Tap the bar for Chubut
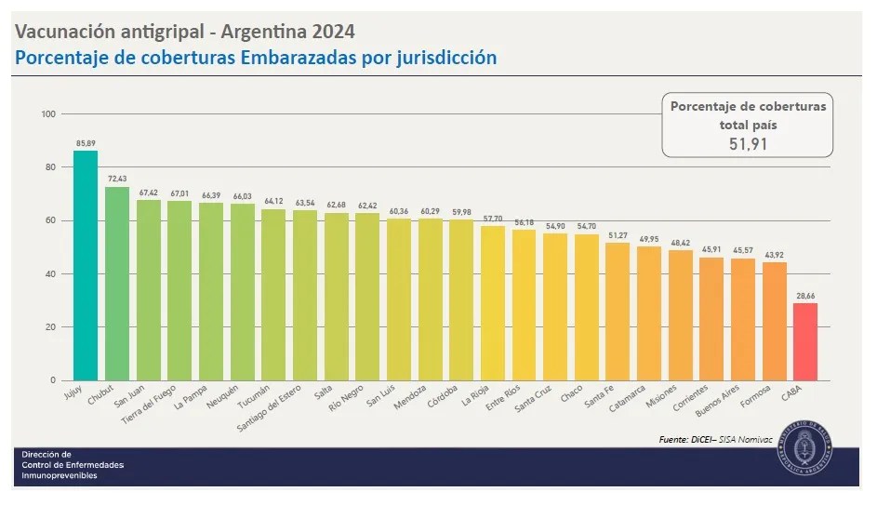[117, 284]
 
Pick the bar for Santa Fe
[617, 312]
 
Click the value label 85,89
[86, 143]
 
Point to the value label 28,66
[804, 295]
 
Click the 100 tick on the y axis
[49, 114]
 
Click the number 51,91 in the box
[748, 143]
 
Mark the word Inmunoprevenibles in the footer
[60, 475]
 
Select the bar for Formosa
[774, 321]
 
